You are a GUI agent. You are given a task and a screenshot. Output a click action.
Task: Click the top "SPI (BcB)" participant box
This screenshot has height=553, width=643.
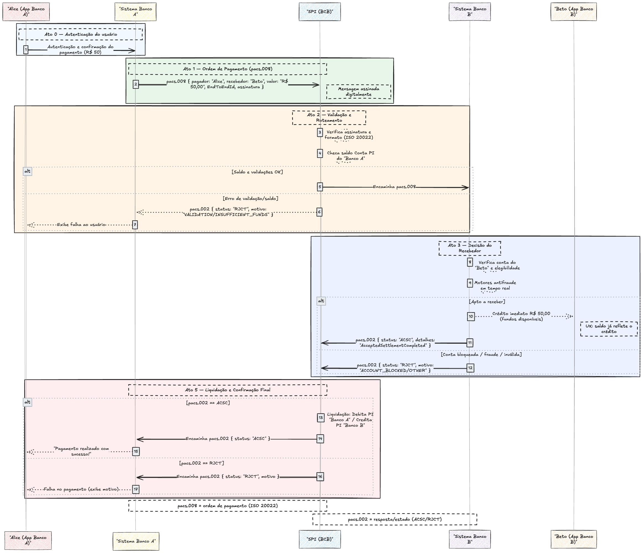point(320,12)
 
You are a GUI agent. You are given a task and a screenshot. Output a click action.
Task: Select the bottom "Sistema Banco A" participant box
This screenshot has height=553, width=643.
point(136,541)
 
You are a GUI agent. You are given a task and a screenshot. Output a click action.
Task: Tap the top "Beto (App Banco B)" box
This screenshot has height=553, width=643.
point(573,12)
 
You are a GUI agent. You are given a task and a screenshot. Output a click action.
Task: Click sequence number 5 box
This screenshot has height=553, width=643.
point(320,187)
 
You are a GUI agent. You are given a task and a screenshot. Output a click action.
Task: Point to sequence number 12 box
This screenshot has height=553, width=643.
point(470,368)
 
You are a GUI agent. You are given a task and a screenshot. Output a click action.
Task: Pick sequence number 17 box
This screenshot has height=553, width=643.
point(136,489)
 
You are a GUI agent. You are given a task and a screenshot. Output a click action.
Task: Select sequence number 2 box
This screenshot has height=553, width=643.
point(136,84)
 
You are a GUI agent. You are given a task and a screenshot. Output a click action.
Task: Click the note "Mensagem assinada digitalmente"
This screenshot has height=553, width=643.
point(358,92)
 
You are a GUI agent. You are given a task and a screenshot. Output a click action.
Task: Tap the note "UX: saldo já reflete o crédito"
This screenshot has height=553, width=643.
point(608,329)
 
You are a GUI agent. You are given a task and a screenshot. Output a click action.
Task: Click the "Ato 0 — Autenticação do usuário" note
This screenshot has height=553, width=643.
point(81,35)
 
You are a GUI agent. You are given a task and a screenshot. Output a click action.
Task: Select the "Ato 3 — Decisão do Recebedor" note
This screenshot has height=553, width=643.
point(469,248)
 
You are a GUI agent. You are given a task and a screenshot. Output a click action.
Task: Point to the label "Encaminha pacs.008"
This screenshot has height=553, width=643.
point(394,187)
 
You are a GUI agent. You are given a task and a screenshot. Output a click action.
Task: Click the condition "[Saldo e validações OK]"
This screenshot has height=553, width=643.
point(257,172)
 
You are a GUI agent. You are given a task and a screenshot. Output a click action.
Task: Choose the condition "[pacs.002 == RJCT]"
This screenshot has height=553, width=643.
point(201,463)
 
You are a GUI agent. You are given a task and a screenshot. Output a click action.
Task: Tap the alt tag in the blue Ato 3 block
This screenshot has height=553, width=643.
point(321,301)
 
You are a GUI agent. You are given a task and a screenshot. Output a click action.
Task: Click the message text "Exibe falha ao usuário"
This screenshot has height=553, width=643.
point(81,225)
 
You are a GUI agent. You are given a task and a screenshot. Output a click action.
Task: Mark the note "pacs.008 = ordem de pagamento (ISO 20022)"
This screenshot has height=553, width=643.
point(227,506)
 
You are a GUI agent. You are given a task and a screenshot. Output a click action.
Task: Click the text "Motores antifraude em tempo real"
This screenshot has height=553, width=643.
point(495,285)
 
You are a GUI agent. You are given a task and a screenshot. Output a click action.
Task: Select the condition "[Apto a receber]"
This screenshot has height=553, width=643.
point(487,301)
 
